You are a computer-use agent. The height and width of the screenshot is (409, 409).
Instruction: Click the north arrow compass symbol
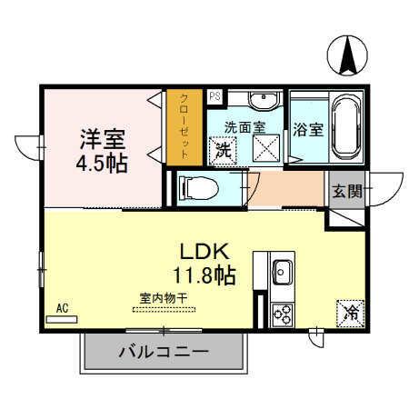348,56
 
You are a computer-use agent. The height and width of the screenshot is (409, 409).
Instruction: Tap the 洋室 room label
101,140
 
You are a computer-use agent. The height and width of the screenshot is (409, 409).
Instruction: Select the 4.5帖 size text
101,164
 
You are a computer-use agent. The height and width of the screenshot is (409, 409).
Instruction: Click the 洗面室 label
245,127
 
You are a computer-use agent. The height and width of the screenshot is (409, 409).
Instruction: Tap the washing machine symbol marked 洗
222,150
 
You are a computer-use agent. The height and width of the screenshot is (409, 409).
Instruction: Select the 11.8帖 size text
204,274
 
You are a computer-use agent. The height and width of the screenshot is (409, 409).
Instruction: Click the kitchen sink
281,271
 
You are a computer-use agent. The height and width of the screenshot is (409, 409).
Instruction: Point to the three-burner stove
282,314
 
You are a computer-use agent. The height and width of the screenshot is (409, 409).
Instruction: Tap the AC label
63,308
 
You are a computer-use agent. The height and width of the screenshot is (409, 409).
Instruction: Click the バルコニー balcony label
164,352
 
